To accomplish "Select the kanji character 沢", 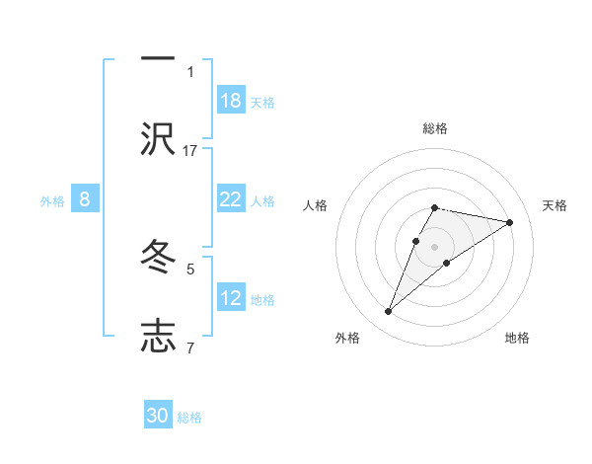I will pyautogui.click(x=158, y=139).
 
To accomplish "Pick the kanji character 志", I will pyautogui.click(x=158, y=337).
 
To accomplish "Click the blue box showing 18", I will pyautogui.click(x=231, y=101).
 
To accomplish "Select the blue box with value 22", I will pyautogui.click(x=231, y=199).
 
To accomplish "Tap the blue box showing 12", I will pyautogui.click(x=231, y=298).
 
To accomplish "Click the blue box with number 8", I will pyautogui.click(x=85, y=199).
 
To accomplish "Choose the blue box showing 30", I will pyautogui.click(x=158, y=416).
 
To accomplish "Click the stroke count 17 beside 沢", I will pyautogui.click(x=190, y=150).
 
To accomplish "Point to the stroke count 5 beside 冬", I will pyautogui.click(x=190, y=268).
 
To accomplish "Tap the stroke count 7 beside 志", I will pyautogui.click(x=190, y=348).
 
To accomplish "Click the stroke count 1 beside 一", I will pyautogui.click(x=190, y=71).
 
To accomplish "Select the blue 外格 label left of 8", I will pyautogui.click(x=52, y=201).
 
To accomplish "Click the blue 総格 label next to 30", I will pyautogui.click(x=189, y=418).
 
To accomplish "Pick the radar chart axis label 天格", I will pyautogui.click(x=555, y=205).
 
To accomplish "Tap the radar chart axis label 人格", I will pyautogui.click(x=316, y=205).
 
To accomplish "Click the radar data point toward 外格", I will pyautogui.click(x=389, y=312).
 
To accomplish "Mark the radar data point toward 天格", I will pyautogui.click(x=509, y=222).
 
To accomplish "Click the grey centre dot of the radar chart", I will pyautogui.click(x=435, y=247).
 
